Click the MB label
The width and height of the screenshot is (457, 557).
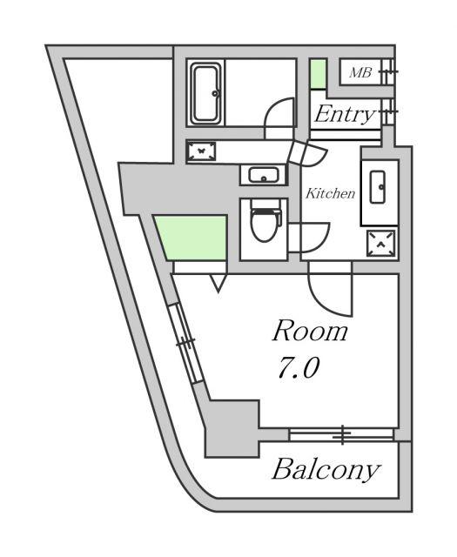coord(360,72)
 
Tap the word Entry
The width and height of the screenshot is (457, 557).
coord(345,114)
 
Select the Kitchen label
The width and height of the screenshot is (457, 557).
coord(331,193)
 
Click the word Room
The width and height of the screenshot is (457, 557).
coord(310,331)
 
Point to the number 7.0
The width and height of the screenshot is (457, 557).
coord(299,367)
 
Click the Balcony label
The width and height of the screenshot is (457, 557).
coord(326,470)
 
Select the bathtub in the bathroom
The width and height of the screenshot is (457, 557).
coord(206,94)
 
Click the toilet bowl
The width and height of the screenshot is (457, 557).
coord(265,223)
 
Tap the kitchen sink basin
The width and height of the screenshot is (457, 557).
coord(378,187)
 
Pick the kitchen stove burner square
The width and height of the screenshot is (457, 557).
coord(380,244)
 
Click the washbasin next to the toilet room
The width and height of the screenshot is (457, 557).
coord(264,175)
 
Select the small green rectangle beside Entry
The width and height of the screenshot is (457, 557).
coord(318,74)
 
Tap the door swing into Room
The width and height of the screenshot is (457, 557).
coord(327,299)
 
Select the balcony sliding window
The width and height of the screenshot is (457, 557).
coord(341,434)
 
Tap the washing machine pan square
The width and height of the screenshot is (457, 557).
coord(201,151)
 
